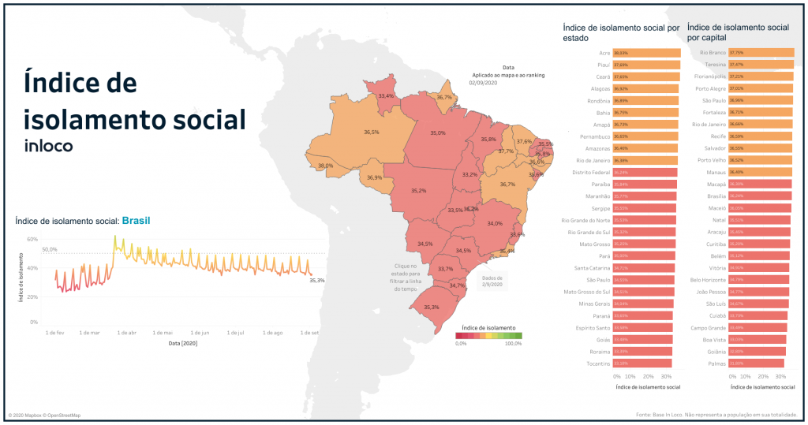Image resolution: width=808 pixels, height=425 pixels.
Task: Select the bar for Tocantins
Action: tap(642, 363)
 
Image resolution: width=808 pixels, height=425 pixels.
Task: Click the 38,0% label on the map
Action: tap(325, 166)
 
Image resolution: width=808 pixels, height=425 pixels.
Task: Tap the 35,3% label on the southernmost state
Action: tap(432, 308)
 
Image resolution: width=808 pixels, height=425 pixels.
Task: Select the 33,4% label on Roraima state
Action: tap(386, 96)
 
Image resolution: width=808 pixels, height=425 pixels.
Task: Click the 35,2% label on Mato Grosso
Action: tap(418, 191)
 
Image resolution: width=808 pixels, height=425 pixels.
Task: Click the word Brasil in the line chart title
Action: tap(136, 222)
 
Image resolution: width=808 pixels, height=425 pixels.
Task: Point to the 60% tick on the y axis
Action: tap(32, 238)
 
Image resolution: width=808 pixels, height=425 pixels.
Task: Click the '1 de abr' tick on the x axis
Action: tap(126, 333)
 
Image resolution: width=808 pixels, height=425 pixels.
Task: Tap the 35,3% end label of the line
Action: tap(316, 279)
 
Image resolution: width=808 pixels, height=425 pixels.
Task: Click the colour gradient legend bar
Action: tap(488, 336)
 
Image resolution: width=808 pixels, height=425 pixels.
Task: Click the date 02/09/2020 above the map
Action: tap(482, 83)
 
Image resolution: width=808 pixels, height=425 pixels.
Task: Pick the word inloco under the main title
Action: tap(49, 145)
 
